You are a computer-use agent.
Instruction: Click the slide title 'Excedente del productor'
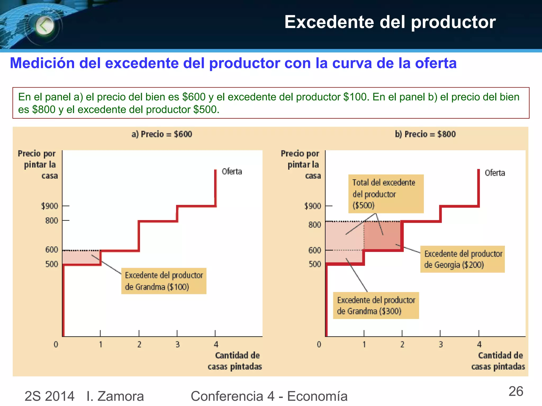[390, 22]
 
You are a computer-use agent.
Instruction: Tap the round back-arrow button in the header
[44, 26]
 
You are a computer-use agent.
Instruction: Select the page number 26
[516, 391]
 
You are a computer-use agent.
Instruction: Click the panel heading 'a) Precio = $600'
[162, 134]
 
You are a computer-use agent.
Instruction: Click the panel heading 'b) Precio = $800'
[425, 134]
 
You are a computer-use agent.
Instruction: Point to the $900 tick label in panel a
[49, 206]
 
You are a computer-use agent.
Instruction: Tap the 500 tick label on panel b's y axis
[315, 264]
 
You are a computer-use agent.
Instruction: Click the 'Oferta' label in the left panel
[232, 172]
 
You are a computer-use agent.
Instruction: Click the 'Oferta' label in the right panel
[495, 173]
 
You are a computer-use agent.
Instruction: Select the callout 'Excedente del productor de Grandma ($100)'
[164, 281]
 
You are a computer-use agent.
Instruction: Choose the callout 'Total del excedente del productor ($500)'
[386, 194]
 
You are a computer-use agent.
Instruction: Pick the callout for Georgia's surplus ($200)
[462, 259]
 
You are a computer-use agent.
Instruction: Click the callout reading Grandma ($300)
[376, 306]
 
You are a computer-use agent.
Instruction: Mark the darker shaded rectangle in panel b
[382, 235]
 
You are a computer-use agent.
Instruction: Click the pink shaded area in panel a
[82, 257]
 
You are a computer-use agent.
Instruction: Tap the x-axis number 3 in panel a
[178, 344]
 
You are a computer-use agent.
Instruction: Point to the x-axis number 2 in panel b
[402, 344]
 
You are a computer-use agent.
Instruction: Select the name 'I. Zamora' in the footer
[115, 396]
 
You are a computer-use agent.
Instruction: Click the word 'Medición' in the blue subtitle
[42, 63]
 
